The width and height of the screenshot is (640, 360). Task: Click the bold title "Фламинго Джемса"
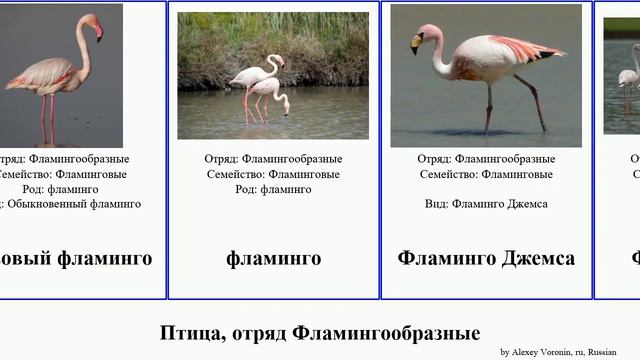(486, 259)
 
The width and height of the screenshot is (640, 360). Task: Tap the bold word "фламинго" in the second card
(273, 259)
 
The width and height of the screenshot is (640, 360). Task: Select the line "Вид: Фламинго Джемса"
(486, 204)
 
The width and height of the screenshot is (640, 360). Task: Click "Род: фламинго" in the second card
(273, 189)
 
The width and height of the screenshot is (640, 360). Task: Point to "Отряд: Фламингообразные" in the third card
(486, 159)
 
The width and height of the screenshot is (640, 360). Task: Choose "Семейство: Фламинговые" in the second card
(273, 174)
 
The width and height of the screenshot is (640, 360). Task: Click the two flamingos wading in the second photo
(261, 85)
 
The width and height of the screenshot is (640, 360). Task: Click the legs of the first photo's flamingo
(47, 118)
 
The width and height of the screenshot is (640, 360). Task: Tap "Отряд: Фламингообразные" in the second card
(273, 159)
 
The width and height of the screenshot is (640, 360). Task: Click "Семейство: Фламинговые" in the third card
(486, 174)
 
